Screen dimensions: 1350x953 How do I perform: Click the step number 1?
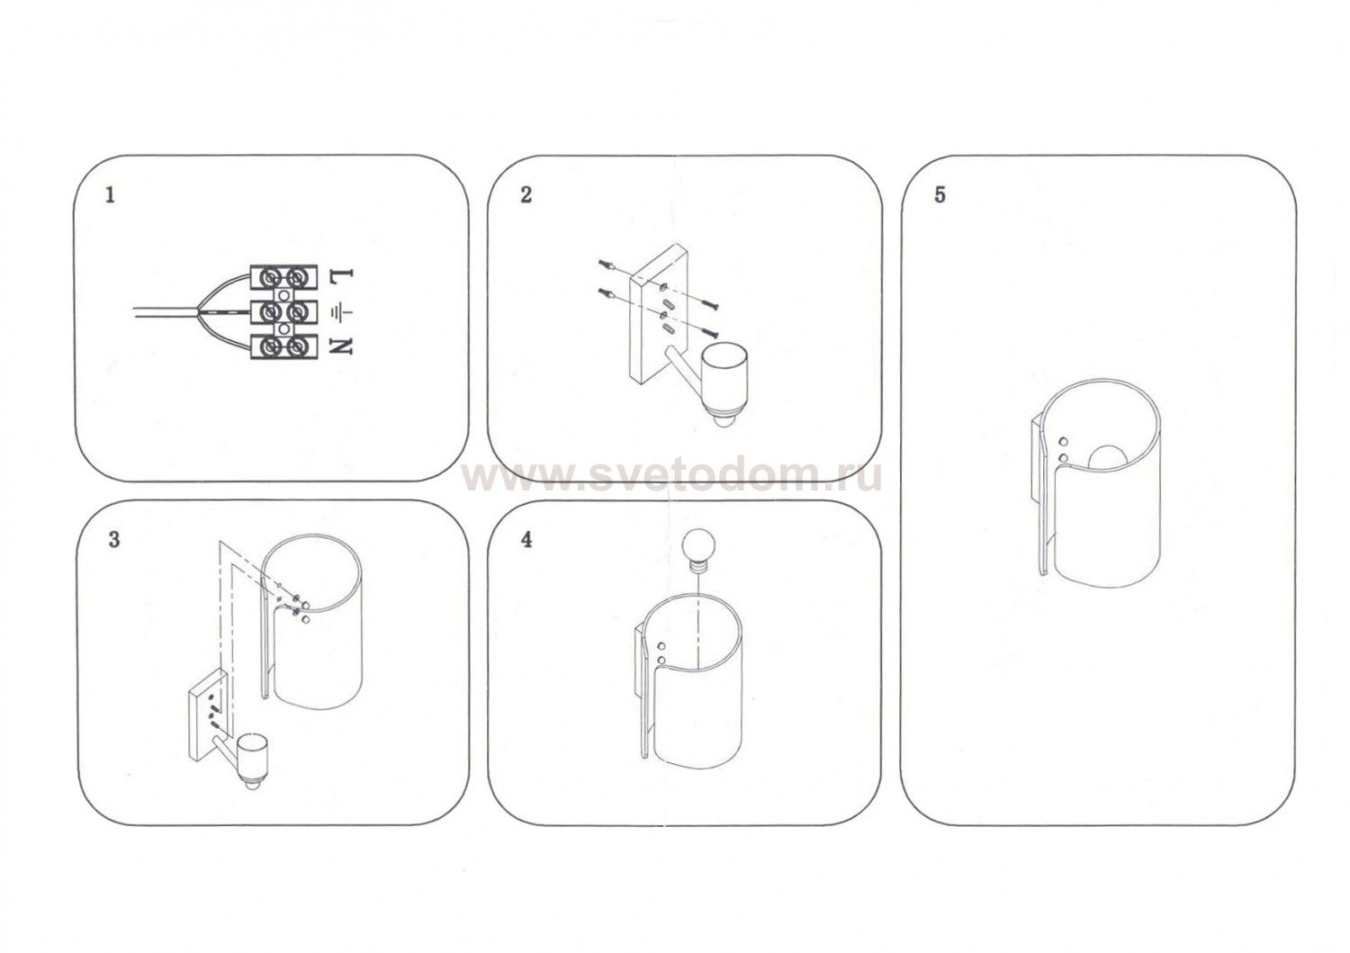pyautogui.click(x=110, y=196)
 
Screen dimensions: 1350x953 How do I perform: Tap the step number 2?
pyautogui.click(x=526, y=195)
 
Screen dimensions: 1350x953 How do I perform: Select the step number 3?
pyautogui.click(x=114, y=539)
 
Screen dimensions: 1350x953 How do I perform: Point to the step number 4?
pyautogui.click(x=526, y=540)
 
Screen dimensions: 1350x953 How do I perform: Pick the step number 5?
pyautogui.click(x=940, y=195)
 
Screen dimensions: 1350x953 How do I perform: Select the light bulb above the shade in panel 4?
pyautogui.click(x=697, y=547)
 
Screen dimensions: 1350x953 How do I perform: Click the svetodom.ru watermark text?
pyautogui.click(x=671, y=478)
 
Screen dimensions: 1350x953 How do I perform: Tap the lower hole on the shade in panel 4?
pyautogui.click(x=661, y=660)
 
